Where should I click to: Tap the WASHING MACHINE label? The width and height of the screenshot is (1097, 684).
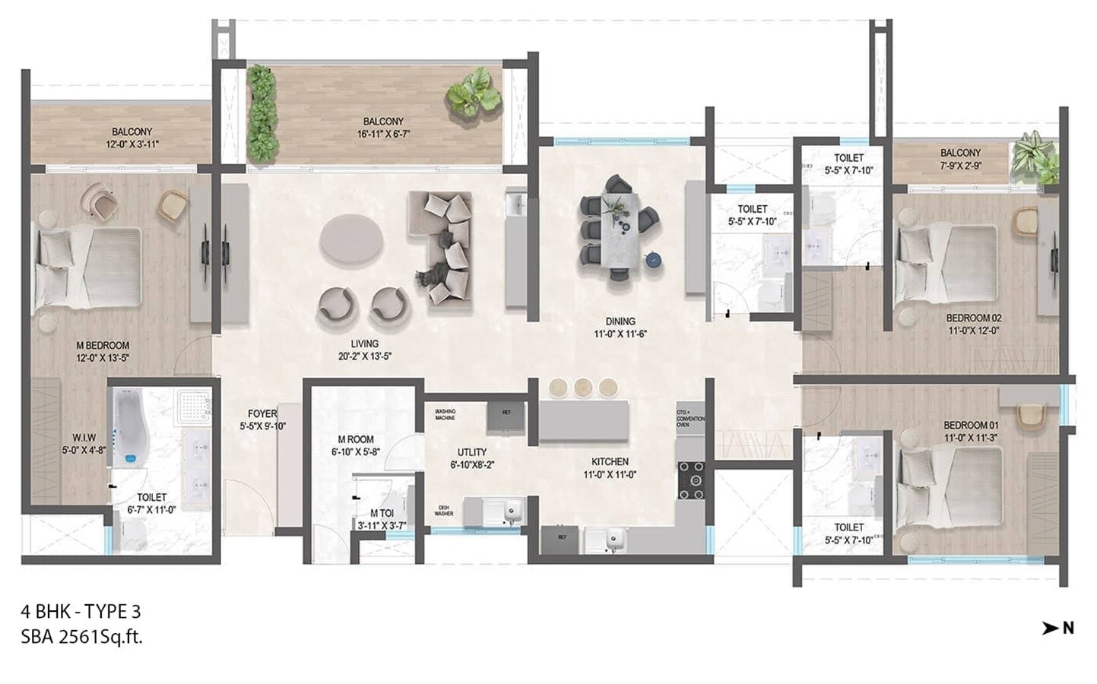(x=445, y=415)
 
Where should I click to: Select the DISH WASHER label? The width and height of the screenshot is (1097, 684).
(x=444, y=511)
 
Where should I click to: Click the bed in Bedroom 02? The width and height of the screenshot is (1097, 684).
(x=947, y=262)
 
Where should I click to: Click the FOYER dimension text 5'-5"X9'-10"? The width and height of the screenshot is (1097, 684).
(x=262, y=427)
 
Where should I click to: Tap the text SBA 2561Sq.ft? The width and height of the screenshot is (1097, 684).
(x=82, y=637)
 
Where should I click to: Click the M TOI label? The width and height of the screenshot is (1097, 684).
(x=382, y=513)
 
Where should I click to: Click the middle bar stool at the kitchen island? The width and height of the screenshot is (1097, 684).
(x=584, y=388)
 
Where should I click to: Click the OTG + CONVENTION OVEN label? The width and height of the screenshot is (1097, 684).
(x=690, y=418)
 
